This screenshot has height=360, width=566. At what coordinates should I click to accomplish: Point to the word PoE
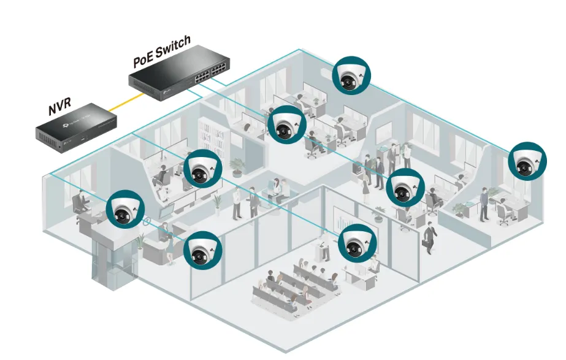tap(142, 61)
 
